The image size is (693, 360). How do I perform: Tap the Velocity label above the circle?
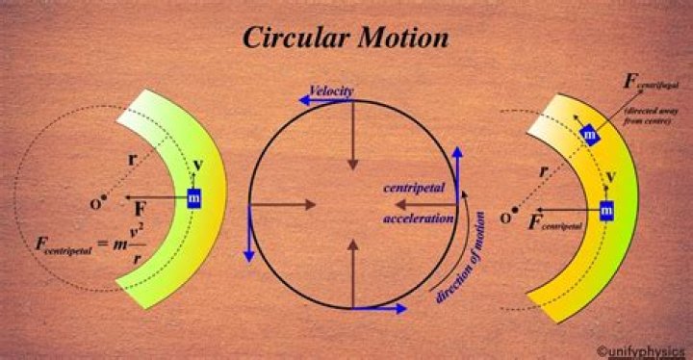331,90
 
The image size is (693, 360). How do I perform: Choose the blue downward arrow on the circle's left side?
249,232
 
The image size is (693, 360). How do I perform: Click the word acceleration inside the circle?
417,219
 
